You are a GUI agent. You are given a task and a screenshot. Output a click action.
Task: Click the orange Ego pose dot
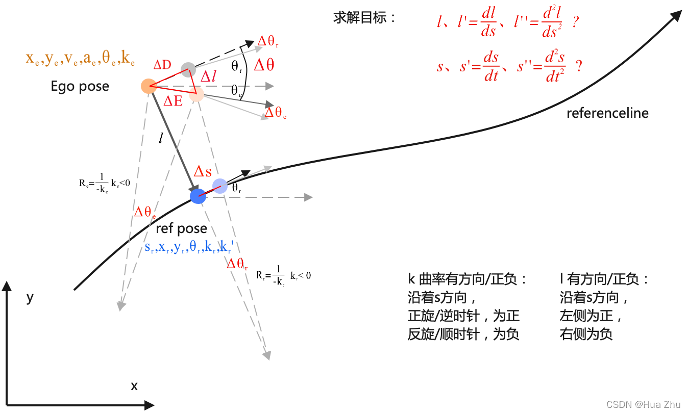click(x=149, y=86)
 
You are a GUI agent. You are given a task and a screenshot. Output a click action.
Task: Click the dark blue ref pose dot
click(x=198, y=196)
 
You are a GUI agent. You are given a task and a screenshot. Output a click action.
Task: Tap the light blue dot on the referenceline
click(x=220, y=186)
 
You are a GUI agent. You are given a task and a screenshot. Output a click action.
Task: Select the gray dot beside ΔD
click(x=188, y=70)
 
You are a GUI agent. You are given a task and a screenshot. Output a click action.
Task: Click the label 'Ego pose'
click(x=80, y=86)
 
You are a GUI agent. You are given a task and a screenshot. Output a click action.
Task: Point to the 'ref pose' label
click(x=181, y=228)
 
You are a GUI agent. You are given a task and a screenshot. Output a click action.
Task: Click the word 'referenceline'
click(x=607, y=113)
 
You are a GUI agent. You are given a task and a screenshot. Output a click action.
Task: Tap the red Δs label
click(x=202, y=171)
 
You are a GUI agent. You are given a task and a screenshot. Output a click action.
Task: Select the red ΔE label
click(x=173, y=101)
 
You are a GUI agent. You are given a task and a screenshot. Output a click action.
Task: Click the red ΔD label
click(x=162, y=65)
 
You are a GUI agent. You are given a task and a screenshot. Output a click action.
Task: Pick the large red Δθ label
click(x=263, y=65)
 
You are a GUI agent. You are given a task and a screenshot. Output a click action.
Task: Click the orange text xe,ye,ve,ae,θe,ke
click(x=80, y=58)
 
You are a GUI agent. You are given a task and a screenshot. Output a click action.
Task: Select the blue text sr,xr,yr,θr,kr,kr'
click(x=189, y=248)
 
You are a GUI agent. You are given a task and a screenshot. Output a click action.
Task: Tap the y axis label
click(x=30, y=297)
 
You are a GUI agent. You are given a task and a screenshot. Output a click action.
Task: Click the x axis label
click(x=134, y=386)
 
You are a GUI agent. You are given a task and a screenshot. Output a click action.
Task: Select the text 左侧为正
click(x=590, y=316)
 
